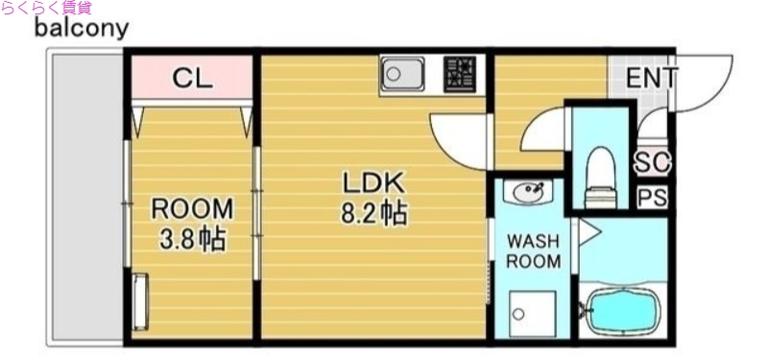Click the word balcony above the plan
tap(81, 28)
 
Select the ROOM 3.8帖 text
tap(193, 224)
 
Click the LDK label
tap(373, 182)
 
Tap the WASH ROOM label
tap(533, 251)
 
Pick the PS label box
tap(653, 199)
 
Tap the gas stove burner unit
tap(460, 74)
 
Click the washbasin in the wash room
tap(528, 193)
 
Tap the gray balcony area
tap(84, 197)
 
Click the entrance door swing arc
tap(706, 84)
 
